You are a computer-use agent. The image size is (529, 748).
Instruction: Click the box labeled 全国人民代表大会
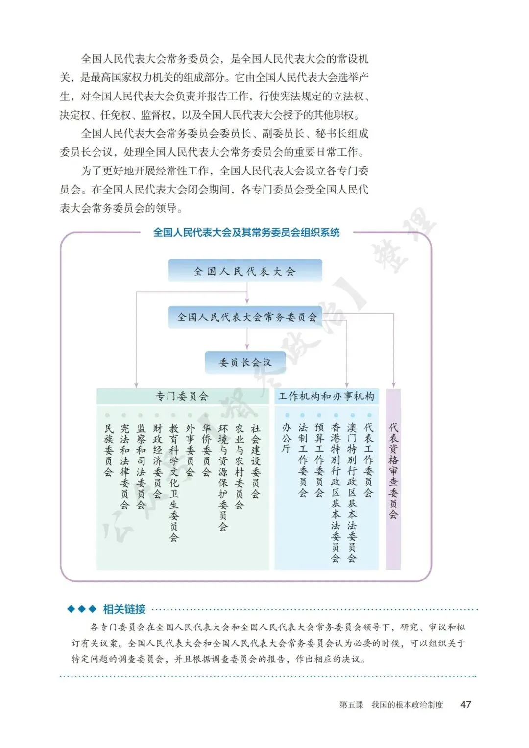pos(245,271)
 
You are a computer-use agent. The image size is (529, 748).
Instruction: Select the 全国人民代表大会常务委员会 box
pos(247,317)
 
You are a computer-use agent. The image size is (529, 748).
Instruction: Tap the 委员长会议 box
pos(245,362)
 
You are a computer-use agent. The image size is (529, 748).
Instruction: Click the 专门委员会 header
pos(182,396)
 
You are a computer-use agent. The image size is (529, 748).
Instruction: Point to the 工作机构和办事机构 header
pos(326,396)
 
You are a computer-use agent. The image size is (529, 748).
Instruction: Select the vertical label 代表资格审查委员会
pos(393,470)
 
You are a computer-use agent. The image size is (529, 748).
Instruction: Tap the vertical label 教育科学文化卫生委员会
pos(174,483)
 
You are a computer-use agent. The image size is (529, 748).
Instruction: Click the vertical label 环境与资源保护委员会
pos(223,478)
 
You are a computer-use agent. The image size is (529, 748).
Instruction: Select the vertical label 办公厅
pos(287,438)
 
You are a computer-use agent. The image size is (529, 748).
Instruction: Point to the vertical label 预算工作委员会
pos(319,460)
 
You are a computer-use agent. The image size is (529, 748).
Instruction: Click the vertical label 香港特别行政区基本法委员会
pos(336,492)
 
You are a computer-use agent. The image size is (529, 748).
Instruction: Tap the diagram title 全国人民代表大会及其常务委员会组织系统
pos(246,232)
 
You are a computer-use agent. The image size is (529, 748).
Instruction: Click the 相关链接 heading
pos(124,609)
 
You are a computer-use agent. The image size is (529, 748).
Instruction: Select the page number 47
pos(466,704)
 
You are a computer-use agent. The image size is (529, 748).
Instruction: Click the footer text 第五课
pos(351,705)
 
